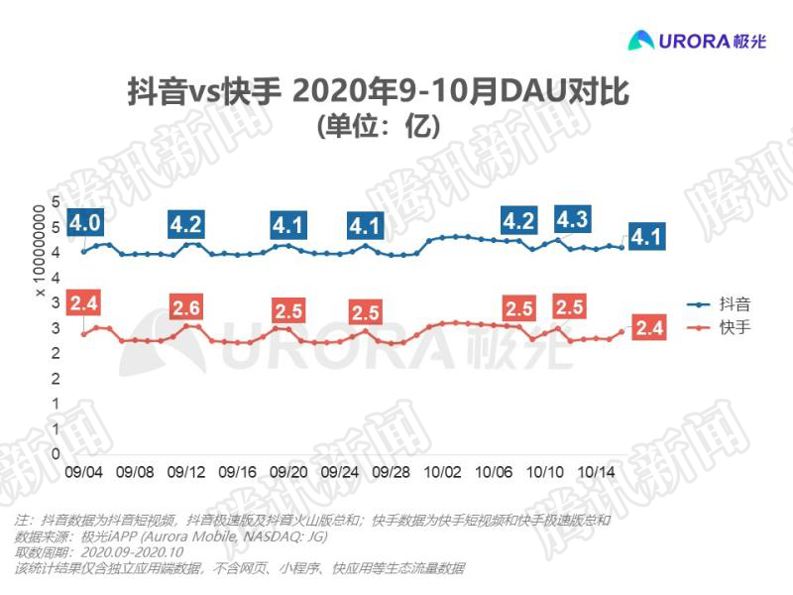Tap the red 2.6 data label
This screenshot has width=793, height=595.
(186, 307)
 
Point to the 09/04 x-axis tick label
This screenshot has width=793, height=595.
(83, 473)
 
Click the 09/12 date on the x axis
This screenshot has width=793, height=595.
(186, 473)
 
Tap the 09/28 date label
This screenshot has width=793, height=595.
(392, 473)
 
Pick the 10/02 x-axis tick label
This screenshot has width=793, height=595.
(443, 473)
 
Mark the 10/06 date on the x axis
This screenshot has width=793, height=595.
(494, 473)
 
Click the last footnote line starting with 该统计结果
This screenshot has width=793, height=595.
(239, 568)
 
